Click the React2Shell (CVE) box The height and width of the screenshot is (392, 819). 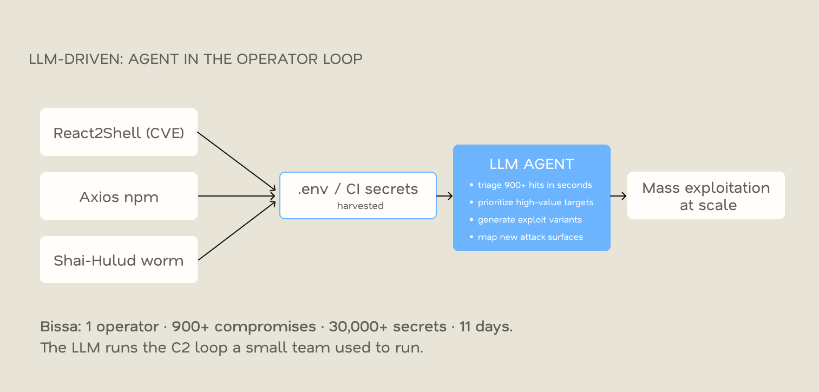click(x=119, y=132)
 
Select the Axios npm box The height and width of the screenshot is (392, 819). click(x=119, y=196)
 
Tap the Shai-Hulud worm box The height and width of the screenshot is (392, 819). click(x=119, y=260)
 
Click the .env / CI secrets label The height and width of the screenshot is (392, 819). click(x=358, y=189)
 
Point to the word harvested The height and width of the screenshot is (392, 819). click(x=360, y=206)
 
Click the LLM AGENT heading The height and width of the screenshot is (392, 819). click(x=532, y=164)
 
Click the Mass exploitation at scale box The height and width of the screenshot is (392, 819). click(x=706, y=195)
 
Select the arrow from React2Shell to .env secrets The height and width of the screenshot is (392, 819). click(x=237, y=161)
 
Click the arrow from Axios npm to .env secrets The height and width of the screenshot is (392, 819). click(x=237, y=196)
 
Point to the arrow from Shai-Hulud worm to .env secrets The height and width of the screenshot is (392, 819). click(x=237, y=231)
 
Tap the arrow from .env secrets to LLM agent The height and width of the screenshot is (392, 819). click(x=444, y=196)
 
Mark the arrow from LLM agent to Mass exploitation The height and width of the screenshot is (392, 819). click(x=619, y=196)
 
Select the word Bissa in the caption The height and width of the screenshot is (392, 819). click(x=61, y=326)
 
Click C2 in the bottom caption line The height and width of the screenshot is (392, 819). click(x=181, y=348)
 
